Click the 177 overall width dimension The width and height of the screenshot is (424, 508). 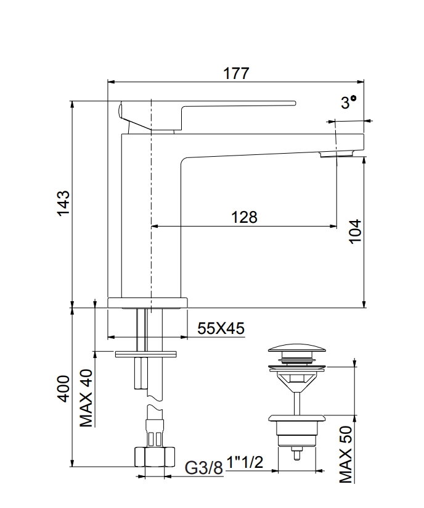pyautogui.click(x=236, y=73)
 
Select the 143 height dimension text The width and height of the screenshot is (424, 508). pyautogui.click(x=63, y=204)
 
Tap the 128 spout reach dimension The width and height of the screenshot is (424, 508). pyautogui.click(x=244, y=217)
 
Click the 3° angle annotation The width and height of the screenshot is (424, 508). pyautogui.click(x=349, y=103)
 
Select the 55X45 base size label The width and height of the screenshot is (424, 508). pyautogui.click(x=221, y=329)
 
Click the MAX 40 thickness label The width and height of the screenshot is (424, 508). pyautogui.click(x=86, y=398)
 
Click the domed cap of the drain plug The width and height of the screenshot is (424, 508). pyautogui.click(x=299, y=348)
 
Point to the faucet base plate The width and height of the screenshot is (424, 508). pyautogui.click(x=147, y=302)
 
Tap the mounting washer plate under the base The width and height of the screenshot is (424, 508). pyautogui.click(x=145, y=353)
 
